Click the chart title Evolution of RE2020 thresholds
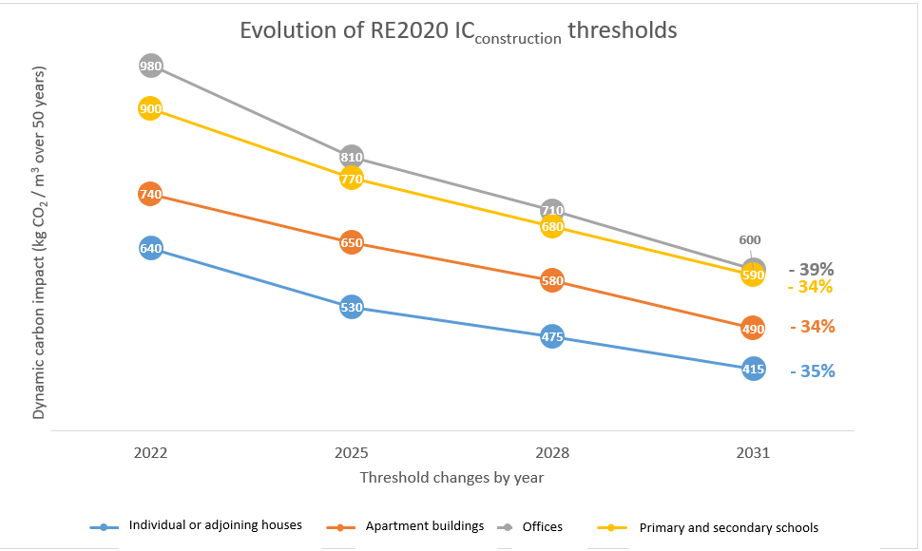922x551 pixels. coord(458,31)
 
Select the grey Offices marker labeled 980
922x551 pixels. coord(150,66)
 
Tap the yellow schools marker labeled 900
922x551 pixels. coord(150,109)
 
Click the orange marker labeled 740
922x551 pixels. coord(150,194)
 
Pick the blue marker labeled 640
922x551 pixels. coord(150,249)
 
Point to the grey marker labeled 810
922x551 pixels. coord(352,157)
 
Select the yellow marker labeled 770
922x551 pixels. coord(352,178)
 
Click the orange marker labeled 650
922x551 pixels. coord(352,243)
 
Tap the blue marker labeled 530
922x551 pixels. coord(352,308)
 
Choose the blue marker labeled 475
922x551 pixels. coord(552,336)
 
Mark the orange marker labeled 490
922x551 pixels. coord(753,329)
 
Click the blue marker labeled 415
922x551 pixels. coord(753,369)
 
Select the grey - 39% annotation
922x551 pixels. coord(811,269)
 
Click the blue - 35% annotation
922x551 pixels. coord(812,371)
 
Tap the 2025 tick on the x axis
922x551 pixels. coord(352,453)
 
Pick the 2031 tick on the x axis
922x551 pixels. coord(753,453)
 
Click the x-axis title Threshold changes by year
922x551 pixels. coord(451,478)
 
